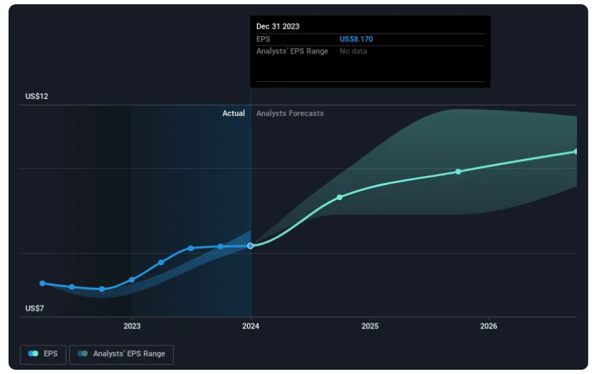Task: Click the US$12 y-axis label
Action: [36, 96]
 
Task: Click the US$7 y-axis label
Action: [34, 308]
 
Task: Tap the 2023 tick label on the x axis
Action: [132, 326]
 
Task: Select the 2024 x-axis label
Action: [251, 326]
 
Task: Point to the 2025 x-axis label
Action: [370, 326]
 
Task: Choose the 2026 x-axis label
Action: [489, 326]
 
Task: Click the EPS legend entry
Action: [44, 354]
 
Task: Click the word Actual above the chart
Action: [234, 113]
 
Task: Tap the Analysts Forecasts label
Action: [290, 113]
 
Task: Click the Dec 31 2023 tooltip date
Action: [278, 26]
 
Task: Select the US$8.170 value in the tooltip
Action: [356, 39]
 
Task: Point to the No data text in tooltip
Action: [353, 51]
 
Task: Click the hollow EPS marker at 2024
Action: [251, 246]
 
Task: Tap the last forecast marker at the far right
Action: [576, 151]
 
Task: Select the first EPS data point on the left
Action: [42, 283]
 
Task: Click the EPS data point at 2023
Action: [132, 280]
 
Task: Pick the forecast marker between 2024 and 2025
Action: [340, 197]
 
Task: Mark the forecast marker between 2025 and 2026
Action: [458, 172]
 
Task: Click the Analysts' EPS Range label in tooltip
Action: [292, 51]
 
